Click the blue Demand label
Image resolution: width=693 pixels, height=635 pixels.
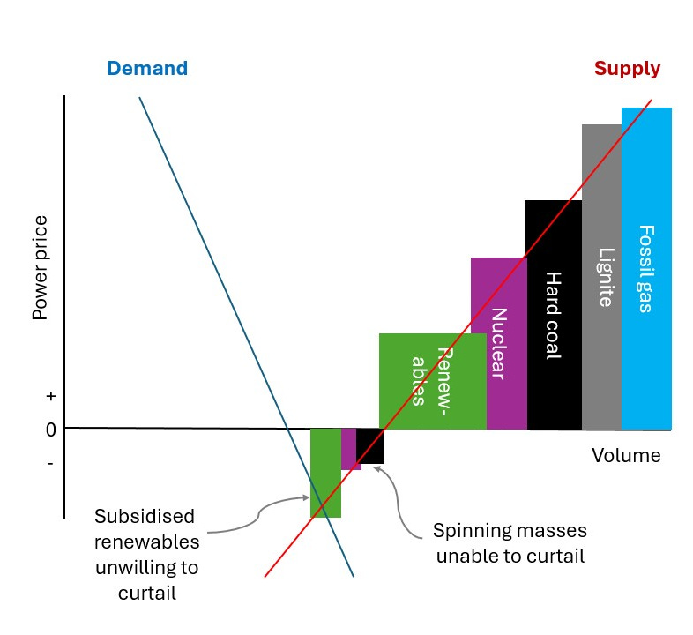coord(147,69)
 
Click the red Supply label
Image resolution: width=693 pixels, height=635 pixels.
coord(627,69)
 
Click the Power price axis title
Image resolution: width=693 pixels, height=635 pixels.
coord(41,280)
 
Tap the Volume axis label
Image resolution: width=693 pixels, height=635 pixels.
coord(625,456)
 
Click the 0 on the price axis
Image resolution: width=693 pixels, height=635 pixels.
coord(50,430)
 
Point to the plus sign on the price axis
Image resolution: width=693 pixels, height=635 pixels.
coord(50,397)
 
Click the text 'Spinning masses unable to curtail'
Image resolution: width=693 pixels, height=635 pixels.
coord(509,544)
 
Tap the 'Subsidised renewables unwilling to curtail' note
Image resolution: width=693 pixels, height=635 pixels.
coord(146,554)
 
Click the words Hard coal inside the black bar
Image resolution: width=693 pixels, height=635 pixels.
coord(553,315)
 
